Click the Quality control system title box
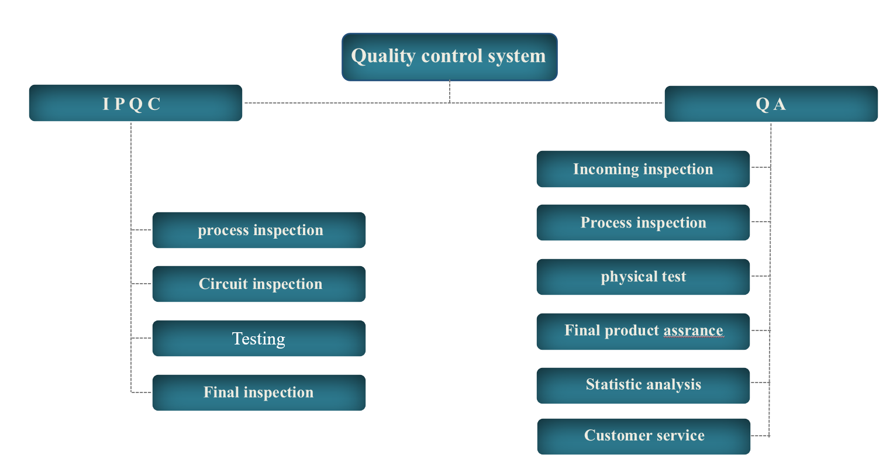pyautogui.click(x=449, y=57)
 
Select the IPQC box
pyautogui.click(x=136, y=103)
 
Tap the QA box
pyautogui.click(x=771, y=104)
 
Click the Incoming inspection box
pyautogui.click(x=643, y=169)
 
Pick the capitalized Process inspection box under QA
pyautogui.click(x=643, y=222)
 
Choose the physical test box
pyautogui.click(x=643, y=277)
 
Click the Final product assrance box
pyautogui.click(x=643, y=331)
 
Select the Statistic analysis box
pyautogui.click(x=643, y=385)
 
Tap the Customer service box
pyautogui.click(x=644, y=436)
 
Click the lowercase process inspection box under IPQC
pyautogui.click(x=259, y=230)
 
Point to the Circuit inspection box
pyautogui.click(x=259, y=284)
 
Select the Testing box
pyautogui.click(x=259, y=339)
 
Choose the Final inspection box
pyautogui.click(x=259, y=392)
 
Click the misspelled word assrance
pyautogui.click(x=693, y=331)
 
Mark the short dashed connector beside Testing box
pyautogui.click(x=141, y=338)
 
